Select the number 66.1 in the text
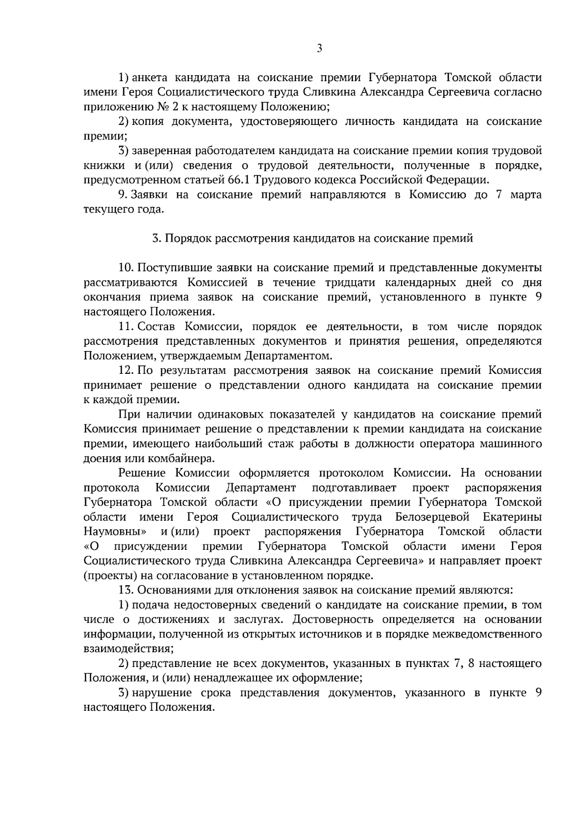click(238, 180)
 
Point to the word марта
click(526, 195)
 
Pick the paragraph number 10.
click(126, 268)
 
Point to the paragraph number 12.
click(126, 370)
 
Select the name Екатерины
click(512, 517)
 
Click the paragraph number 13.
click(126, 590)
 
